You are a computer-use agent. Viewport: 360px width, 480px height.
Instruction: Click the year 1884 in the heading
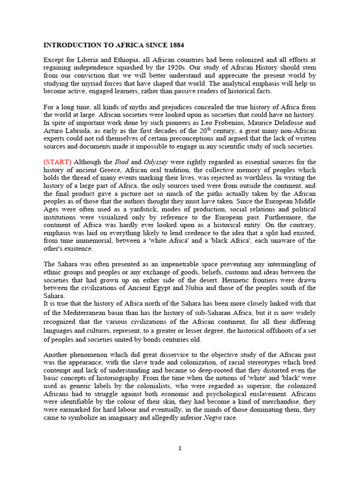[174, 45]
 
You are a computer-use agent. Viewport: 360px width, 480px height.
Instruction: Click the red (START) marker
[58, 162]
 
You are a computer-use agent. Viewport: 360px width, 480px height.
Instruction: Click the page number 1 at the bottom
[180, 449]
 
